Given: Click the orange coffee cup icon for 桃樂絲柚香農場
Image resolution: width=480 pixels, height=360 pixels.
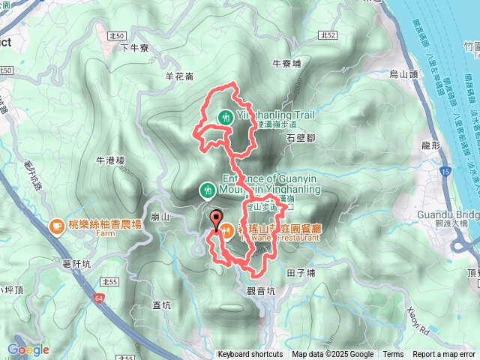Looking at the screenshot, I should tap(57, 225).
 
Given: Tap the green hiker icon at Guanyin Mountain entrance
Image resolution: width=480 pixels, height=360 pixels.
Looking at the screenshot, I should tap(207, 191).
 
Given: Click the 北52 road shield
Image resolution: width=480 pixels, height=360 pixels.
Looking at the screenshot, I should tap(326, 34).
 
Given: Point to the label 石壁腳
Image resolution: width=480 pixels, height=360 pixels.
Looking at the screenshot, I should tap(301, 137).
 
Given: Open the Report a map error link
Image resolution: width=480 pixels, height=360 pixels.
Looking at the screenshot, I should tap(445, 355).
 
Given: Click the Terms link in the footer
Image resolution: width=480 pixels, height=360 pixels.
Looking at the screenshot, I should tap(393, 355).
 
